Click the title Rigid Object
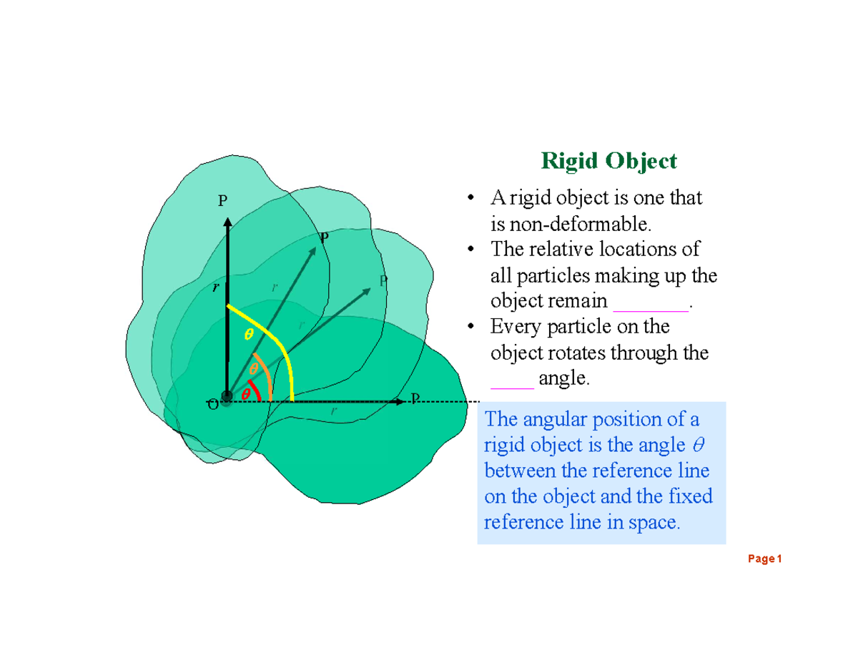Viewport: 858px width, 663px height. (x=608, y=161)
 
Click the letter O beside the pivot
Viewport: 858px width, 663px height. (x=212, y=405)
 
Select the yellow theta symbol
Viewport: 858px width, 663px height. (x=249, y=334)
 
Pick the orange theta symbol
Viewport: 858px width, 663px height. (x=253, y=369)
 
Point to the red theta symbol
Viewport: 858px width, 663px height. (x=245, y=394)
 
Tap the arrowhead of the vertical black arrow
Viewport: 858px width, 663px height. (x=227, y=222)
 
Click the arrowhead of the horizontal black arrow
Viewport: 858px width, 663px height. (x=399, y=403)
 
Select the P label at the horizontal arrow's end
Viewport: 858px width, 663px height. (x=415, y=398)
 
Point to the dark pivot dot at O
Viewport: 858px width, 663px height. (x=227, y=397)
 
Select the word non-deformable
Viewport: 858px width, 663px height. (x=571, y=225)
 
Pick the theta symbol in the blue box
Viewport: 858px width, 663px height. (x=699, y=446)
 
